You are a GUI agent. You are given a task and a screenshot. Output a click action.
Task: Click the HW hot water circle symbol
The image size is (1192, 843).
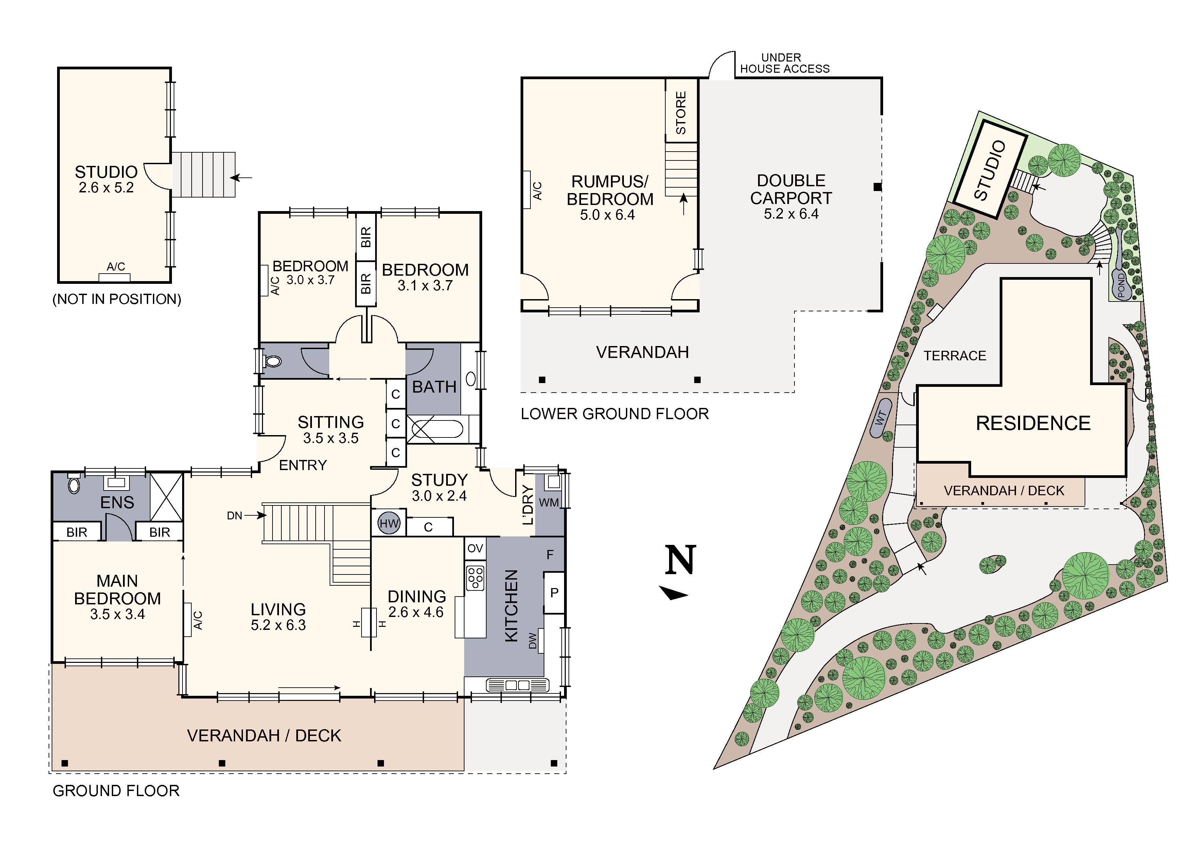point(388,523)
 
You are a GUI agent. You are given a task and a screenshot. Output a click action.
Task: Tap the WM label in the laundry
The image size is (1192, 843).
point(549,502)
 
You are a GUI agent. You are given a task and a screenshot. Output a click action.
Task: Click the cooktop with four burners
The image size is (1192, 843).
point(475,578)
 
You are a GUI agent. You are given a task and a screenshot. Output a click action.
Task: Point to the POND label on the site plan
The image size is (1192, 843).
point(1121,286)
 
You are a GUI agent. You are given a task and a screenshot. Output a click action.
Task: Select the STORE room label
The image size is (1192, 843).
point(681,113)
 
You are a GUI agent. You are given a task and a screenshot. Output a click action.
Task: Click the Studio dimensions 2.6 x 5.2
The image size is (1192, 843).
point(106,188)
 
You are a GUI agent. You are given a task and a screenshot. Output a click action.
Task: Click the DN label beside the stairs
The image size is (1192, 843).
point(235,515)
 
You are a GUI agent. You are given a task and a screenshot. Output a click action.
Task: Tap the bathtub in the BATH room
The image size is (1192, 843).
point(435,429)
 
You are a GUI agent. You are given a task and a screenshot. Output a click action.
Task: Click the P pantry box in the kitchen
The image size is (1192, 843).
point(554,592)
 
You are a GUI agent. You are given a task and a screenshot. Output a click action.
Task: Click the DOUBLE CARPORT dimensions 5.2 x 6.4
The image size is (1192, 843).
point(791,214)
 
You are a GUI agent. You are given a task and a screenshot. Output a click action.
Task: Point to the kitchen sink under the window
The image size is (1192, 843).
point(517,685)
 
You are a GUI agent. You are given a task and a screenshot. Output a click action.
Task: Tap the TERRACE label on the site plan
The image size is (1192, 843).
point(954,356)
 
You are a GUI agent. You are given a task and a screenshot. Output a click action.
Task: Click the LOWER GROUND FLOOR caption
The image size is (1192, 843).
point(615,414)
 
